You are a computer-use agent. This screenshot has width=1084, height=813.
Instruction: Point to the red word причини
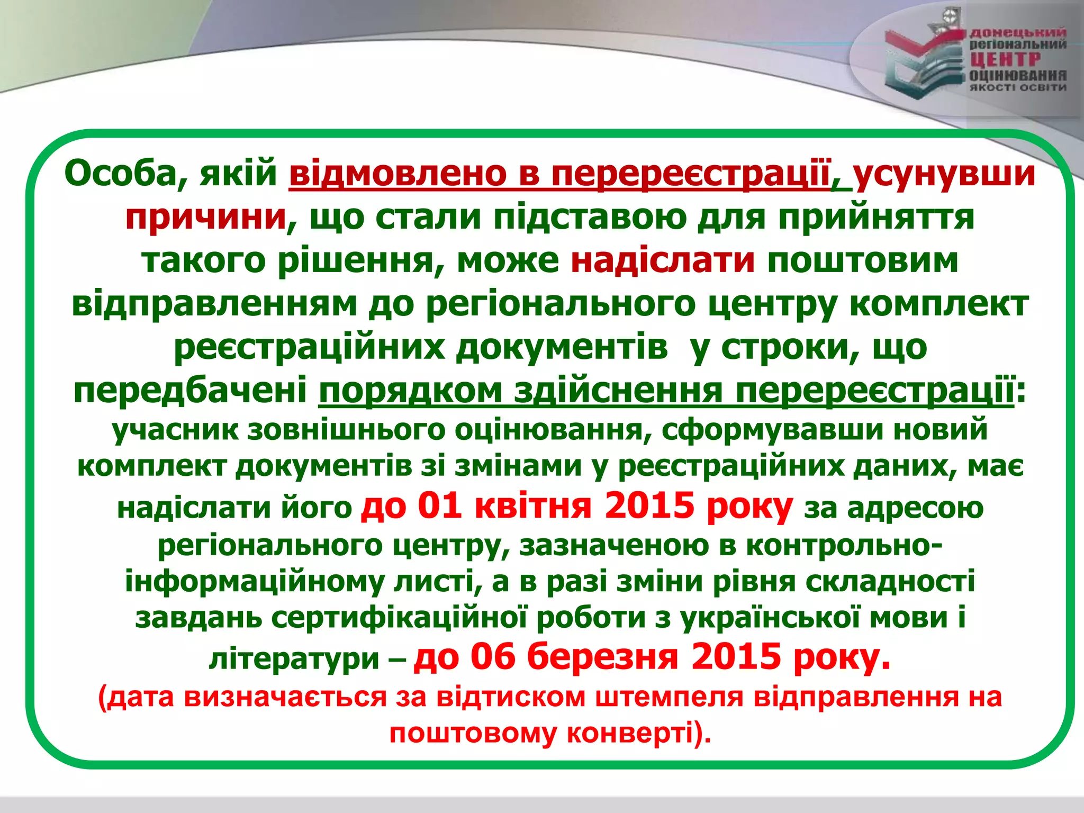(206, 218)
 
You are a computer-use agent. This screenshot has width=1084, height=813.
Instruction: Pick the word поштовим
(863, 261)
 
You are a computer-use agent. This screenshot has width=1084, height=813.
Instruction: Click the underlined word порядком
(410, 391)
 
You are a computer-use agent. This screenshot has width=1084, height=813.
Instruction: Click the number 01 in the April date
(439, 506)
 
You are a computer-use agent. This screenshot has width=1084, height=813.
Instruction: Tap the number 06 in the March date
(493, 657)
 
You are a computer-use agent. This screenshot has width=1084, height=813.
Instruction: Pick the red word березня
(603, 657)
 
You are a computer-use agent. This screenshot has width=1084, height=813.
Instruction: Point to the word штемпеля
(669, 697)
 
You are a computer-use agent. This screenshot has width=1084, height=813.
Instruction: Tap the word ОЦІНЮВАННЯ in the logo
(1017, 75)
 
